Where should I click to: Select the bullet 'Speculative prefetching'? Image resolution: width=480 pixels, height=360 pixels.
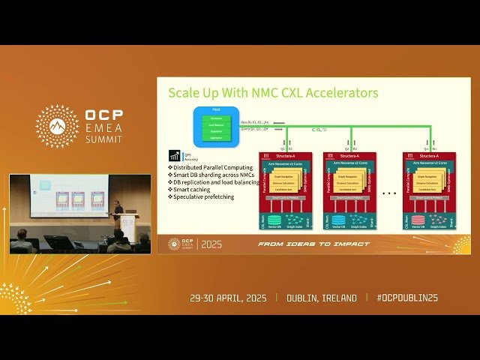tap(207, 196)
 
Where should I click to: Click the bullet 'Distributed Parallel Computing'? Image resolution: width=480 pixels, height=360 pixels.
tap(213, 167)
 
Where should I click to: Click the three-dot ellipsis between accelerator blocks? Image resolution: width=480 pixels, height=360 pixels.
tap(388, 192)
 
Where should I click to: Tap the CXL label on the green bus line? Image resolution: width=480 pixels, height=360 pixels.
tap(319, 130)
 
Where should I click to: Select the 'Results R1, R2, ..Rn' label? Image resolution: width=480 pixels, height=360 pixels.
tap(255, 121)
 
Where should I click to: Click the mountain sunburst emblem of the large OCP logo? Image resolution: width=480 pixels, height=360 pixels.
tap(58, 126)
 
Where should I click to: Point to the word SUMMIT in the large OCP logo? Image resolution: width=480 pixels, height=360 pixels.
tap(106, 139)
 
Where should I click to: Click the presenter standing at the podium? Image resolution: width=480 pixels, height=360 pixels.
tap(118, 209)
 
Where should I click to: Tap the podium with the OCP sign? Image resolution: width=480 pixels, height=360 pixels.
tap(128, 227)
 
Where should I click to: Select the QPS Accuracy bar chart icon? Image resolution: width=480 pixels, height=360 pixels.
tap(175, 156)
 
